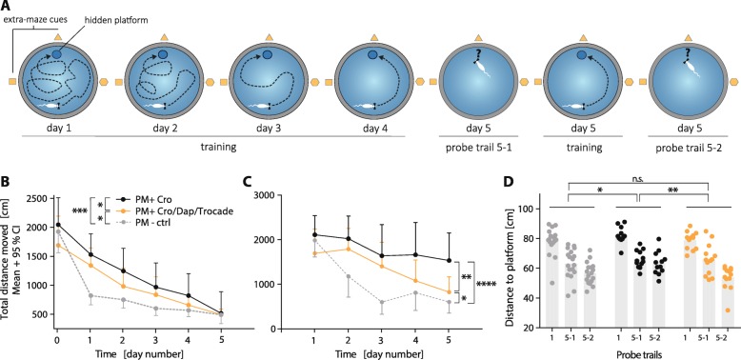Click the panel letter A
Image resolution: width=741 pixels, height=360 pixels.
coord(9,9)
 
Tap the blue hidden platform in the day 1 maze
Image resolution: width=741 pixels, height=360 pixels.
coord(56,55)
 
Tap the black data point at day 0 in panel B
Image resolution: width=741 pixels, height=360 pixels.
coord(59,225)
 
